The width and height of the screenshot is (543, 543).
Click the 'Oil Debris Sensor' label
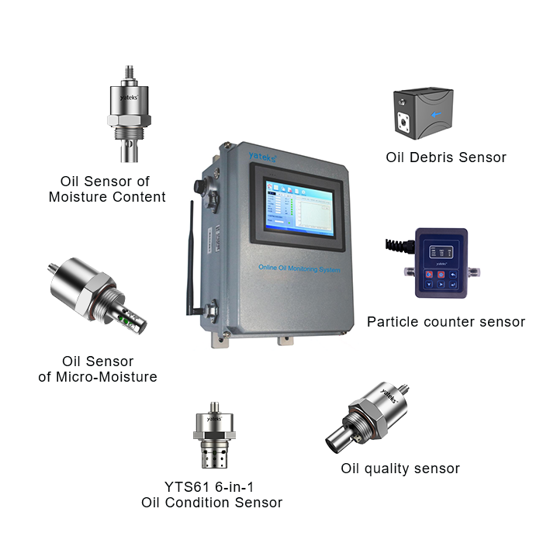pos(446,157)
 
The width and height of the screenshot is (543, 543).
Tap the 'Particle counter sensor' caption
pos(446,321)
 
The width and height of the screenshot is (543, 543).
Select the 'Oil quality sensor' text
pos(400,469)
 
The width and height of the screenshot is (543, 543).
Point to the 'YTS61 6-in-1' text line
pos(209,486)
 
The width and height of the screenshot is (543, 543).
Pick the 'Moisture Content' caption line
pos(107,197)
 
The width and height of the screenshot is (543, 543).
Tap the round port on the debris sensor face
pos(403,121)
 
